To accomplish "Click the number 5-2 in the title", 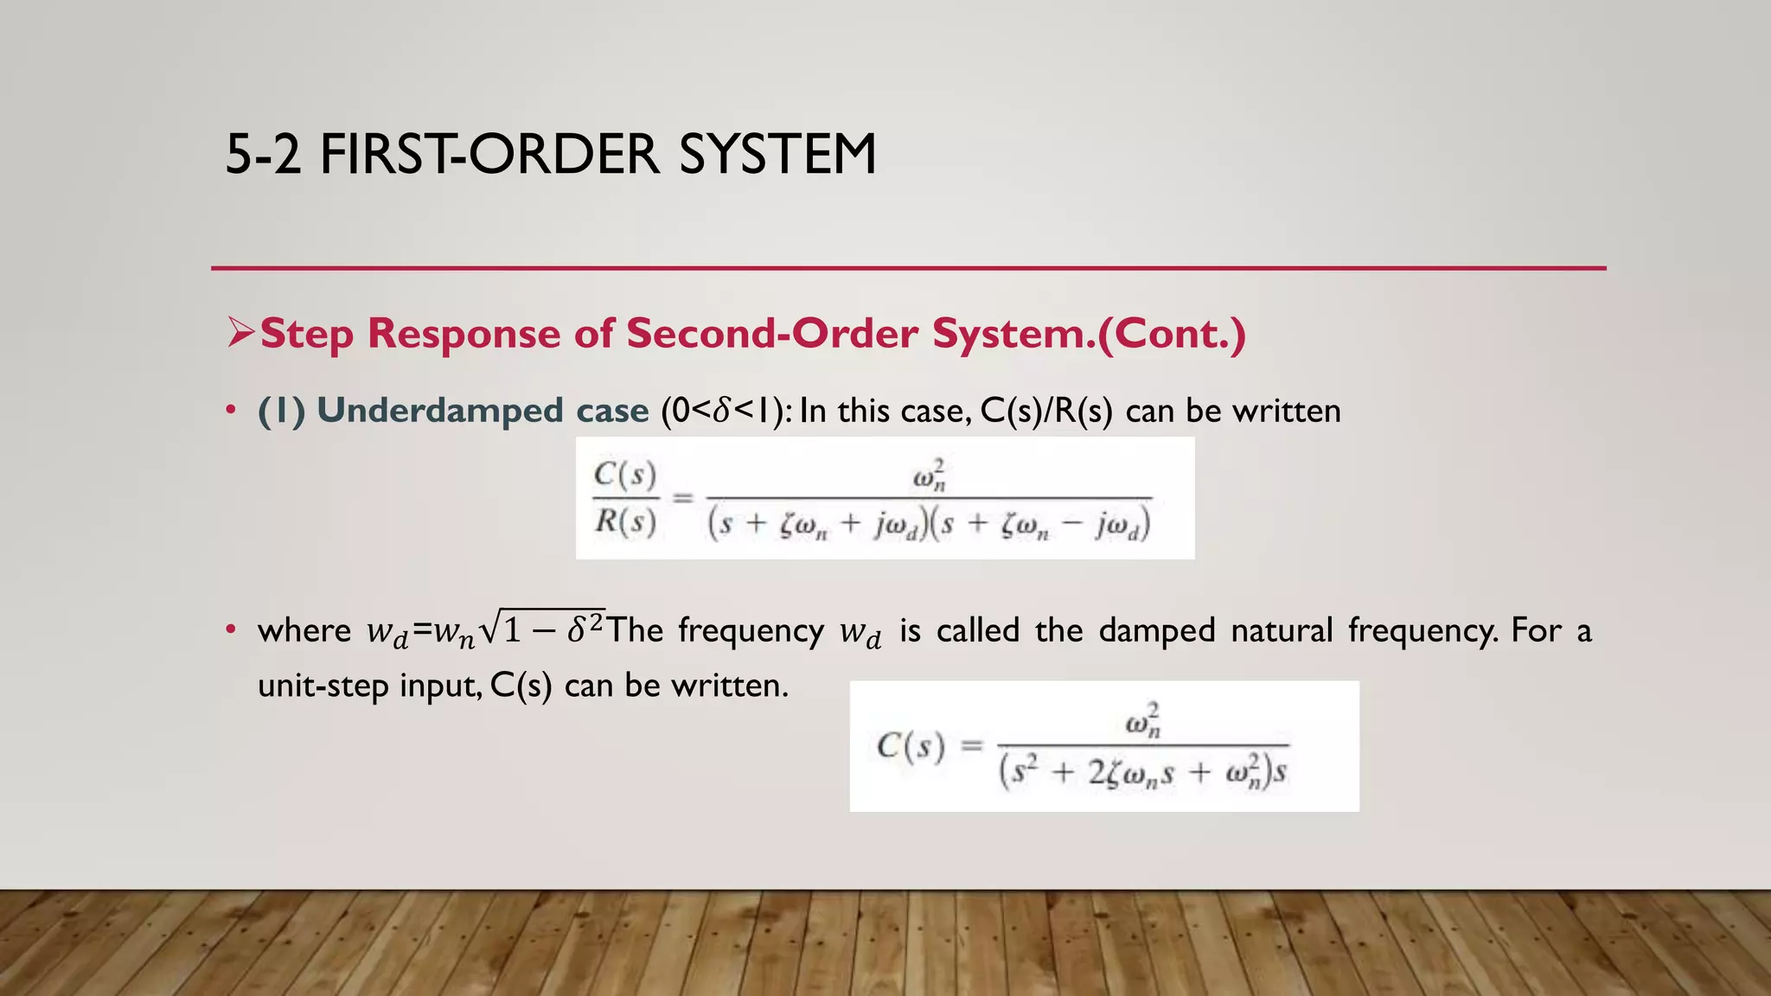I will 263,155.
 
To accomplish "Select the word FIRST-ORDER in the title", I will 489,155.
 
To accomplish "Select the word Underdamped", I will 440,410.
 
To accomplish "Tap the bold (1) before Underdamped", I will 282,411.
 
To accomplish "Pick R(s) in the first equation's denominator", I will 625,521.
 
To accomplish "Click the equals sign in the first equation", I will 683,498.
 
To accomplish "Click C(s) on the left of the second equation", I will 911,745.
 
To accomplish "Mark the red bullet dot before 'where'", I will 230,629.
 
